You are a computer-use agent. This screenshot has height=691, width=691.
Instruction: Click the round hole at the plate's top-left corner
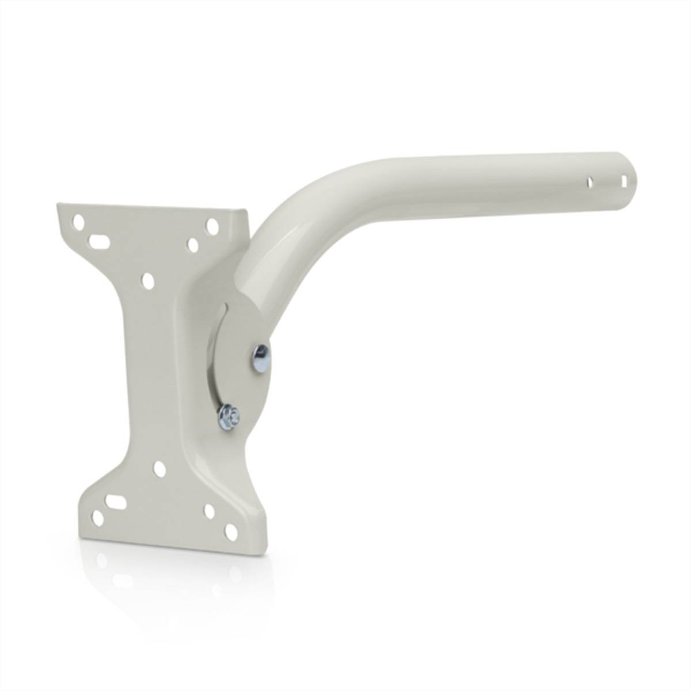(79, 222)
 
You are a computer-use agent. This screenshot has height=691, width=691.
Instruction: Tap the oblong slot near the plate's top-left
(100, 240)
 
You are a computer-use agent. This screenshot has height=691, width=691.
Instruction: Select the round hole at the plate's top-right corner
(212, 225)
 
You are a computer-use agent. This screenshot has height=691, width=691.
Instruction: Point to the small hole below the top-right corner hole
(193, 245)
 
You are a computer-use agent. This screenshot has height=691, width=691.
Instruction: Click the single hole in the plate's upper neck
(147, 281)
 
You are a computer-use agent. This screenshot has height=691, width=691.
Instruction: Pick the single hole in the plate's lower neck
(160, 469)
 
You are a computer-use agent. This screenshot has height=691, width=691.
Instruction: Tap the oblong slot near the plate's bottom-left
(116, 502)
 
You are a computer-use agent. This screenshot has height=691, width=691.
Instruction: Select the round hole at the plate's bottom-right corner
(230, 532)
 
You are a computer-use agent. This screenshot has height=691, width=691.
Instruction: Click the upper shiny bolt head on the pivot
(260, 360)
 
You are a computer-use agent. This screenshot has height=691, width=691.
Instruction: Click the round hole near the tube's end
(589, 182)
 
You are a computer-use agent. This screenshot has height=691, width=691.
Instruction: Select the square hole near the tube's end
(624, 180)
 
